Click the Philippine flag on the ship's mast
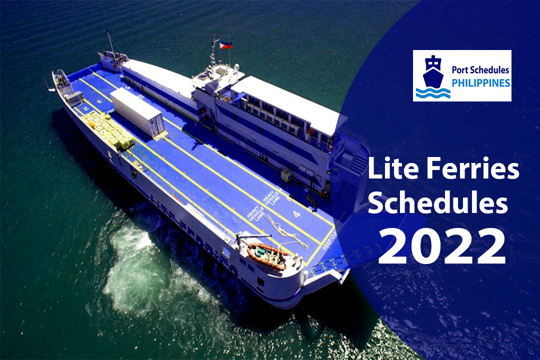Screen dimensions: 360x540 click(x=225, y=45)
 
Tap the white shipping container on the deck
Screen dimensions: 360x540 click(x=137, y=112)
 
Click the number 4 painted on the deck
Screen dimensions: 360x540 click(x=297, y=214)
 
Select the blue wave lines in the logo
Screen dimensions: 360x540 click(x=433, y=92)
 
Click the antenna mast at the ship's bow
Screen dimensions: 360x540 click(x=110, y=42)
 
